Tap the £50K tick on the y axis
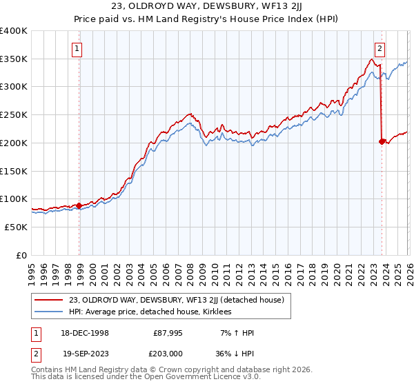point(15,227)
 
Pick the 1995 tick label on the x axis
point(32,270)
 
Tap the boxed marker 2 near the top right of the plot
point(379,48)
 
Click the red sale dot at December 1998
point(79,205)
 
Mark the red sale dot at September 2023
point(382,141)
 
